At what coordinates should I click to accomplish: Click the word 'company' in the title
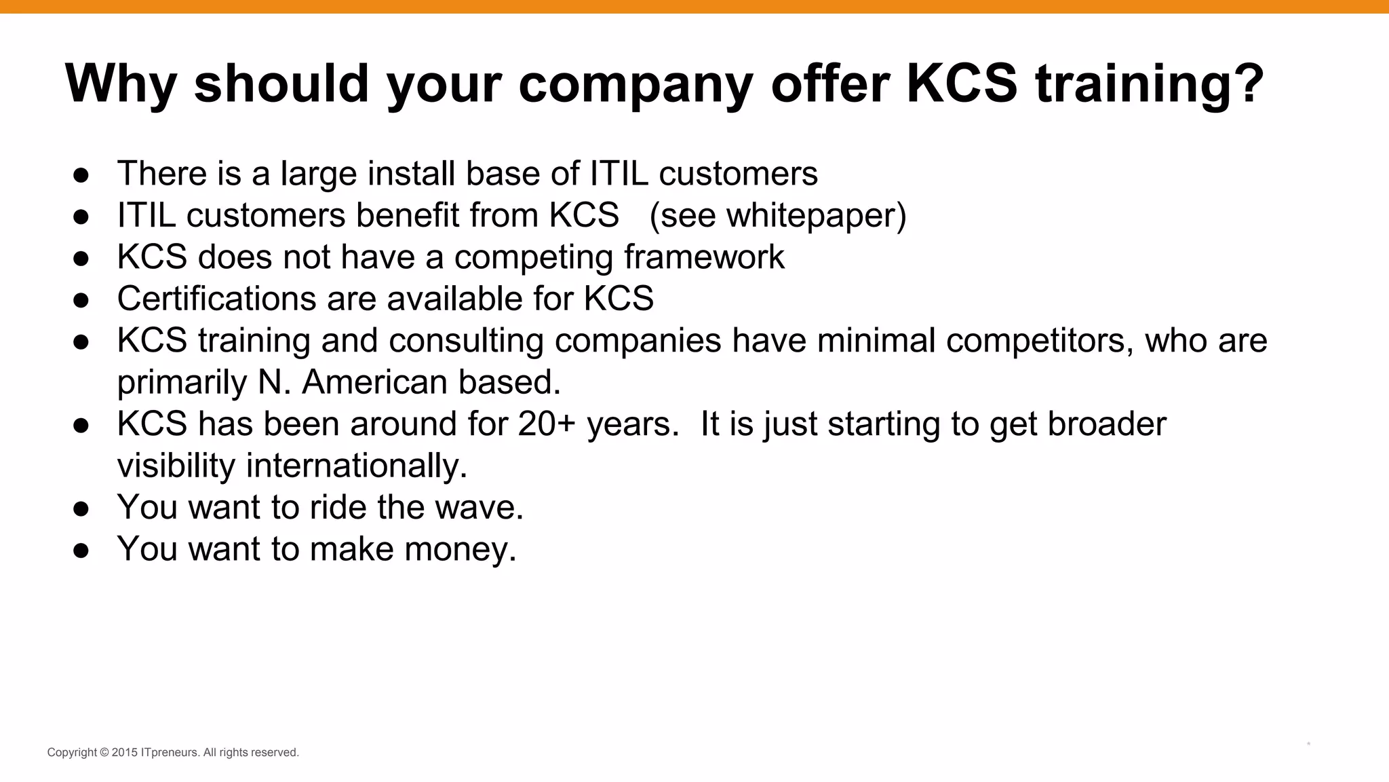pyautogui.click(x=635, y=84)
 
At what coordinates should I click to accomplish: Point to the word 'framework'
pyautogui.click(x=704, y=257)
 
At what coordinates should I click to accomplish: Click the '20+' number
pyautogui.click(x=547, y=424)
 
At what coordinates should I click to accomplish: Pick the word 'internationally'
pyautogui.click(x=355, y=466)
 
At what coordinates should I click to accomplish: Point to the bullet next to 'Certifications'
pyautogui.click(x=81, y=300)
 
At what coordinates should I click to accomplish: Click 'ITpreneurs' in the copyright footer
pyautogui.click(x=170, y=752)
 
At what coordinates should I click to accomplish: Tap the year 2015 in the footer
pyautogui.click(x=125, y=752)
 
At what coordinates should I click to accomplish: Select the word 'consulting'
pyautogui.click(x=466, y=340)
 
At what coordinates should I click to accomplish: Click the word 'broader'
pyautogui.click(x=1107, y=424)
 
